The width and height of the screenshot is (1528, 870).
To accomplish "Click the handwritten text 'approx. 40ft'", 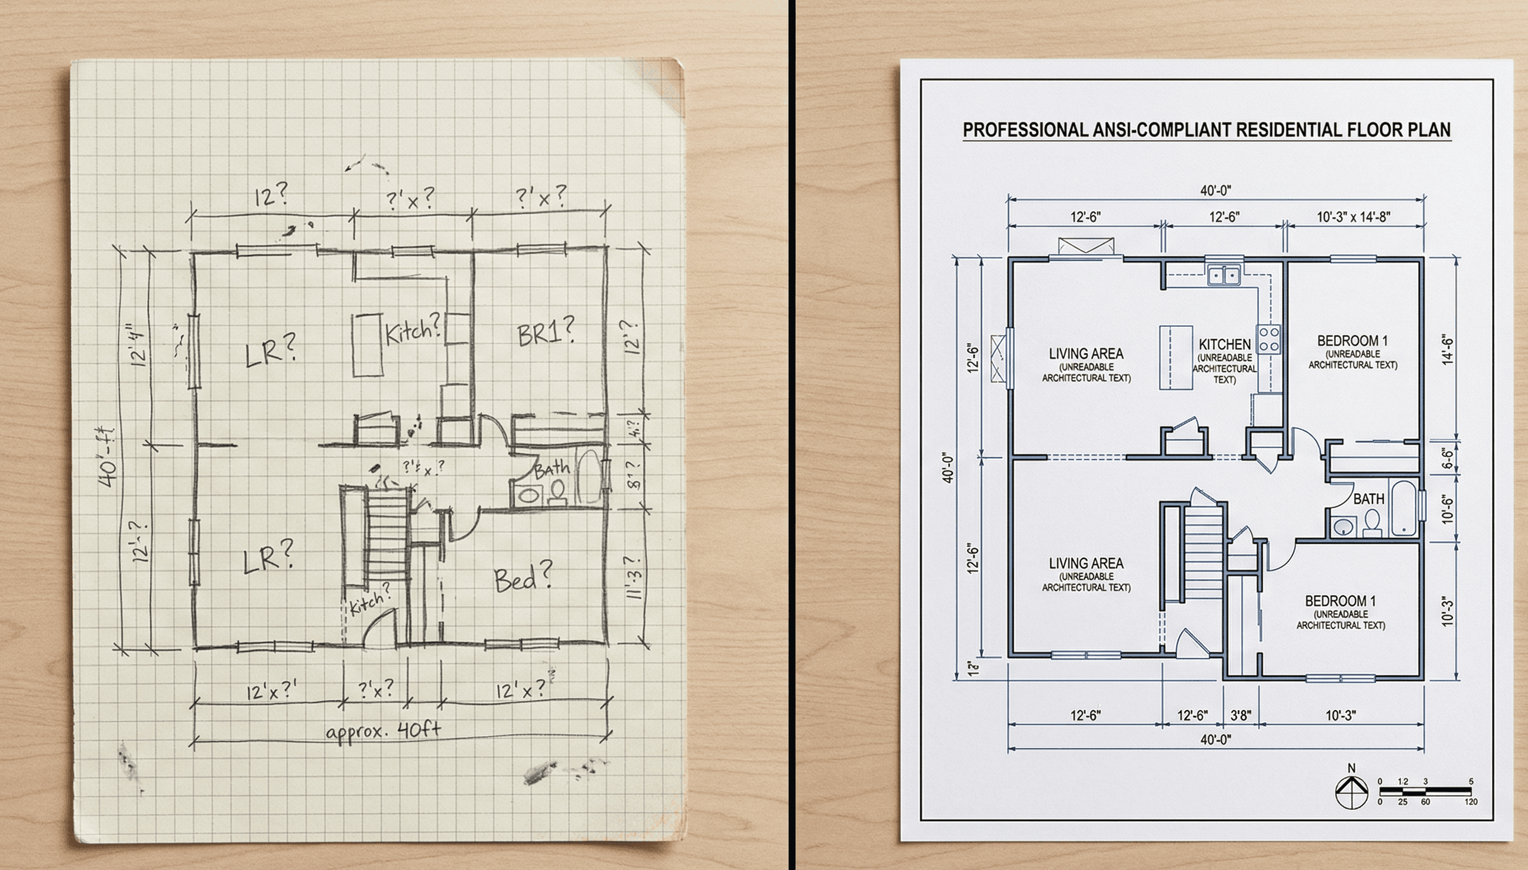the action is [383, 731].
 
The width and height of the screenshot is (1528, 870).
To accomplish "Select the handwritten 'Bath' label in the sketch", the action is [551, 468].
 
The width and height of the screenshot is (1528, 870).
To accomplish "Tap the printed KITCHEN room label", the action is [1224, 344].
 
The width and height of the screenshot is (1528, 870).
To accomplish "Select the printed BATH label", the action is [1368, 498].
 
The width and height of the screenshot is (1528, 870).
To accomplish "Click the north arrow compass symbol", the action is [1351, 793].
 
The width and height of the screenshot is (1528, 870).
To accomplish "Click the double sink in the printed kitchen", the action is [1223, 275].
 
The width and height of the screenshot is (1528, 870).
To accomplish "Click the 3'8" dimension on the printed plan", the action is [1241, 715].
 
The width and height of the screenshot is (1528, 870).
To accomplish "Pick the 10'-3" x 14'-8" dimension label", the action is [1354, 217].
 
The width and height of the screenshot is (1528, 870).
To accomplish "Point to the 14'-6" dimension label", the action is [1447, 349].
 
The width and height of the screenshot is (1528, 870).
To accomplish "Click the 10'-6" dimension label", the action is [1447, 508].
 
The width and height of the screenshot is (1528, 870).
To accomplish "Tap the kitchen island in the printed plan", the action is [1176, 358].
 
